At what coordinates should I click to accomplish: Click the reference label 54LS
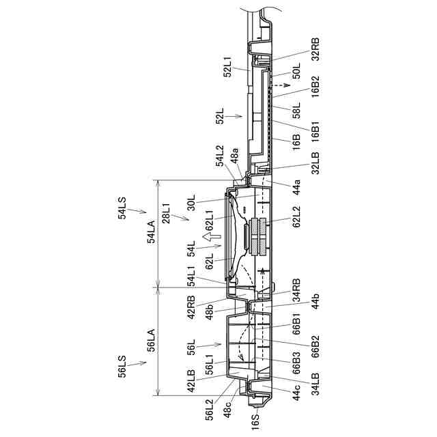pos(122,208)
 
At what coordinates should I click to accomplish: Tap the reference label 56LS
pos(122,366)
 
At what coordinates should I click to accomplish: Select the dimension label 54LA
pos(152,232)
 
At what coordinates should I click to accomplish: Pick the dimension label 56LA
pos(152,341)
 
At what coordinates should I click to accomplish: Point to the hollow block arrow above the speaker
pos(211,237)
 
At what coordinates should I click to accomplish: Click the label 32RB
pos(315,49)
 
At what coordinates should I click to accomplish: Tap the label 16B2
pos(315,87)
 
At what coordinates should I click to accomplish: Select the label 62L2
pos(296,217)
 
